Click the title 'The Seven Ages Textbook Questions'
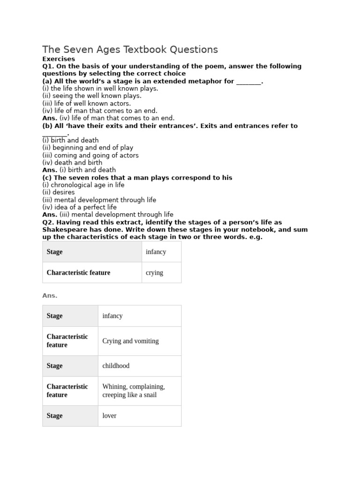point(130,50)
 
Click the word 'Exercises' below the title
point(59,59)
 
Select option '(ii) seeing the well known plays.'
point(91,96)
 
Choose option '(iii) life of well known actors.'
point(87,103)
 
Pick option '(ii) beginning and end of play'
point(88,148)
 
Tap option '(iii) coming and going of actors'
point(90,155)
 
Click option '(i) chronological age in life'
point(83,185)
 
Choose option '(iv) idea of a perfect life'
point(80,207)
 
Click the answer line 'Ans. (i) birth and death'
point(79,170)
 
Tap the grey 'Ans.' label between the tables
point(50,296)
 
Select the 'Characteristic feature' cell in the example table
point(78,272)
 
